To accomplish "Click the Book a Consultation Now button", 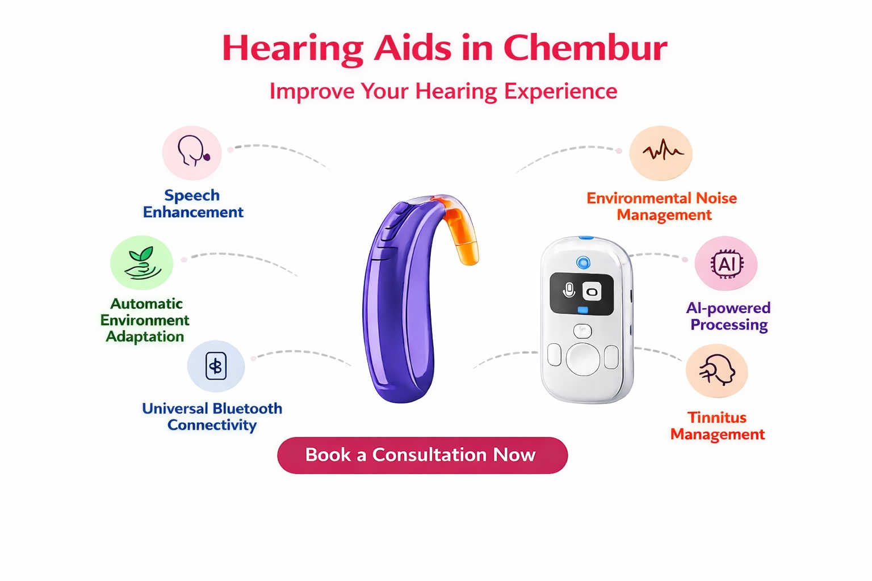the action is [422, 455].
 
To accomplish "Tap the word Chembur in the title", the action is [585, 48].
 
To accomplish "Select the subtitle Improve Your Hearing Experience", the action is [443, 92].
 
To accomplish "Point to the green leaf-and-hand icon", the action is [142, 263].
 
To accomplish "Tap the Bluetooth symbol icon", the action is [216, 366].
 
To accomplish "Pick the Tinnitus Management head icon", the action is [717, 370].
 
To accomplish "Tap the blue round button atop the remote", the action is [583, 263].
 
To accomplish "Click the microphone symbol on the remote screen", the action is [569, 290].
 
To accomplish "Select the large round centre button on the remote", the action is [582, 359].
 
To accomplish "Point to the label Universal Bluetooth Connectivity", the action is [212, 417].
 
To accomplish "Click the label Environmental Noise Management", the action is [662, 207].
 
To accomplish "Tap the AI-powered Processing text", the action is [728, 317].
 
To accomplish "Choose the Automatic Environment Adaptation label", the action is [145, 320].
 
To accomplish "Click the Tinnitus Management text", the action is [718, 426].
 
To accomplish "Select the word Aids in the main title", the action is [413, 48].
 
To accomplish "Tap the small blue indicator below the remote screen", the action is [583, 310].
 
